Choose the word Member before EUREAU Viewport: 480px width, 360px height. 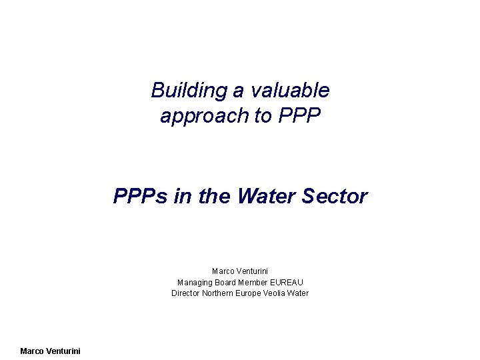256,282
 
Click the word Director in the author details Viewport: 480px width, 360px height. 186,293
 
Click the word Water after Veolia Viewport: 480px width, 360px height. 299,293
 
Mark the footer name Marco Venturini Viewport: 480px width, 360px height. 50,351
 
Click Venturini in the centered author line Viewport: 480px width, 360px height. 253,271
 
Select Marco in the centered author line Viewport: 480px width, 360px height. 223,271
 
